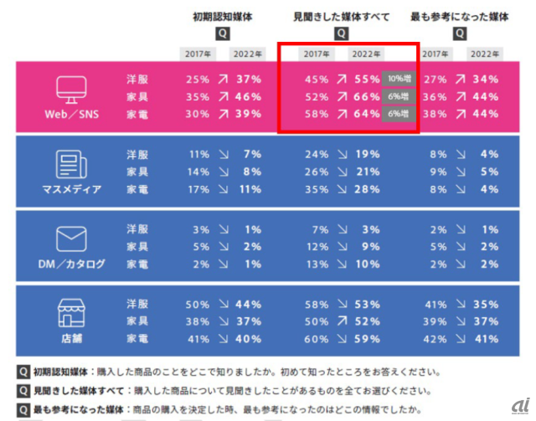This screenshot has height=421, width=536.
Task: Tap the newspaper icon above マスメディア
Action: pyautogui.click(x=72, y=163)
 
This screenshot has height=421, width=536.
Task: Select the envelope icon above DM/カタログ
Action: pyautogui.click(x=72, y=239)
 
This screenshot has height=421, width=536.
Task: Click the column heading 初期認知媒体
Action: pyautogui.click(x=222, y=16)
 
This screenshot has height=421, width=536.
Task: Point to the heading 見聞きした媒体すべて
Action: pyautogui.click(x=341, y=16)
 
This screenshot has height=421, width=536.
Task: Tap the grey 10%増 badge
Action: pyautogui.click(x=399, y=80)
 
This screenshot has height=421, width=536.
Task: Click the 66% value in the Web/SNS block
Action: pyautogui.click(x=366, y=96)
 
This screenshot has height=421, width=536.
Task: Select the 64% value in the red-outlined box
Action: pyautogui.click(x=366, y=113)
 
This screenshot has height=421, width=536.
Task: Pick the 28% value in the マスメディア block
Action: pyautogui.click(x=366, y=188)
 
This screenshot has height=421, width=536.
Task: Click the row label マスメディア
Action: pyautogui.click(x=72, y=189)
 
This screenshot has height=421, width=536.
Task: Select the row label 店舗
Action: pyautogui.click(x=72, y=340)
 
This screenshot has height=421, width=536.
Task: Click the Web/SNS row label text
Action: pyautogui.click(x=72, y=115)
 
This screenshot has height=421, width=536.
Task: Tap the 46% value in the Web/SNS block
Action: pyautogui.click(x=248, y=96)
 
